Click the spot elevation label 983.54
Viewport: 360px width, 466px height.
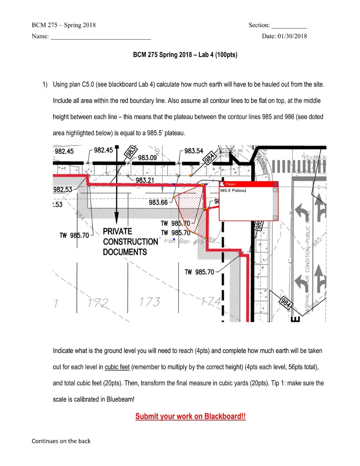point(194,151)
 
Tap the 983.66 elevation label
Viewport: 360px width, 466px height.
point(158,203)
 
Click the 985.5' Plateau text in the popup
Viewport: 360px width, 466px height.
point(233,190)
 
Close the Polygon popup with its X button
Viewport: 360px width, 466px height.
point(275,184)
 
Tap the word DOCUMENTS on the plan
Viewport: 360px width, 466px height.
point(125,252)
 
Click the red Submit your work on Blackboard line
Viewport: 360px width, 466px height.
point(190,417)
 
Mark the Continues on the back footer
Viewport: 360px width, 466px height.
point(61,441)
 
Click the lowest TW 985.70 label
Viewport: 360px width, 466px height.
point(199,272)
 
